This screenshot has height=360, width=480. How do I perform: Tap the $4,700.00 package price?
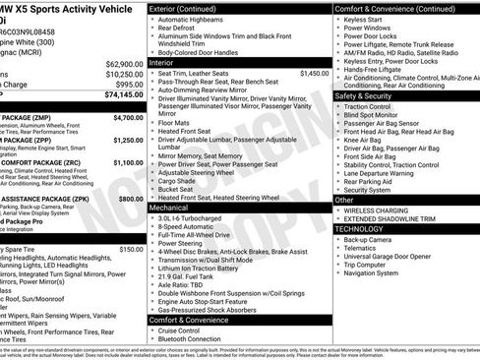(128, 117)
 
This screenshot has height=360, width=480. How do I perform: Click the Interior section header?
(162, 62)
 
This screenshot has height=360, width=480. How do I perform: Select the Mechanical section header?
(168, 209)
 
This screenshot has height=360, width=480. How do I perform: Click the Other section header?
(344, 200)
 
